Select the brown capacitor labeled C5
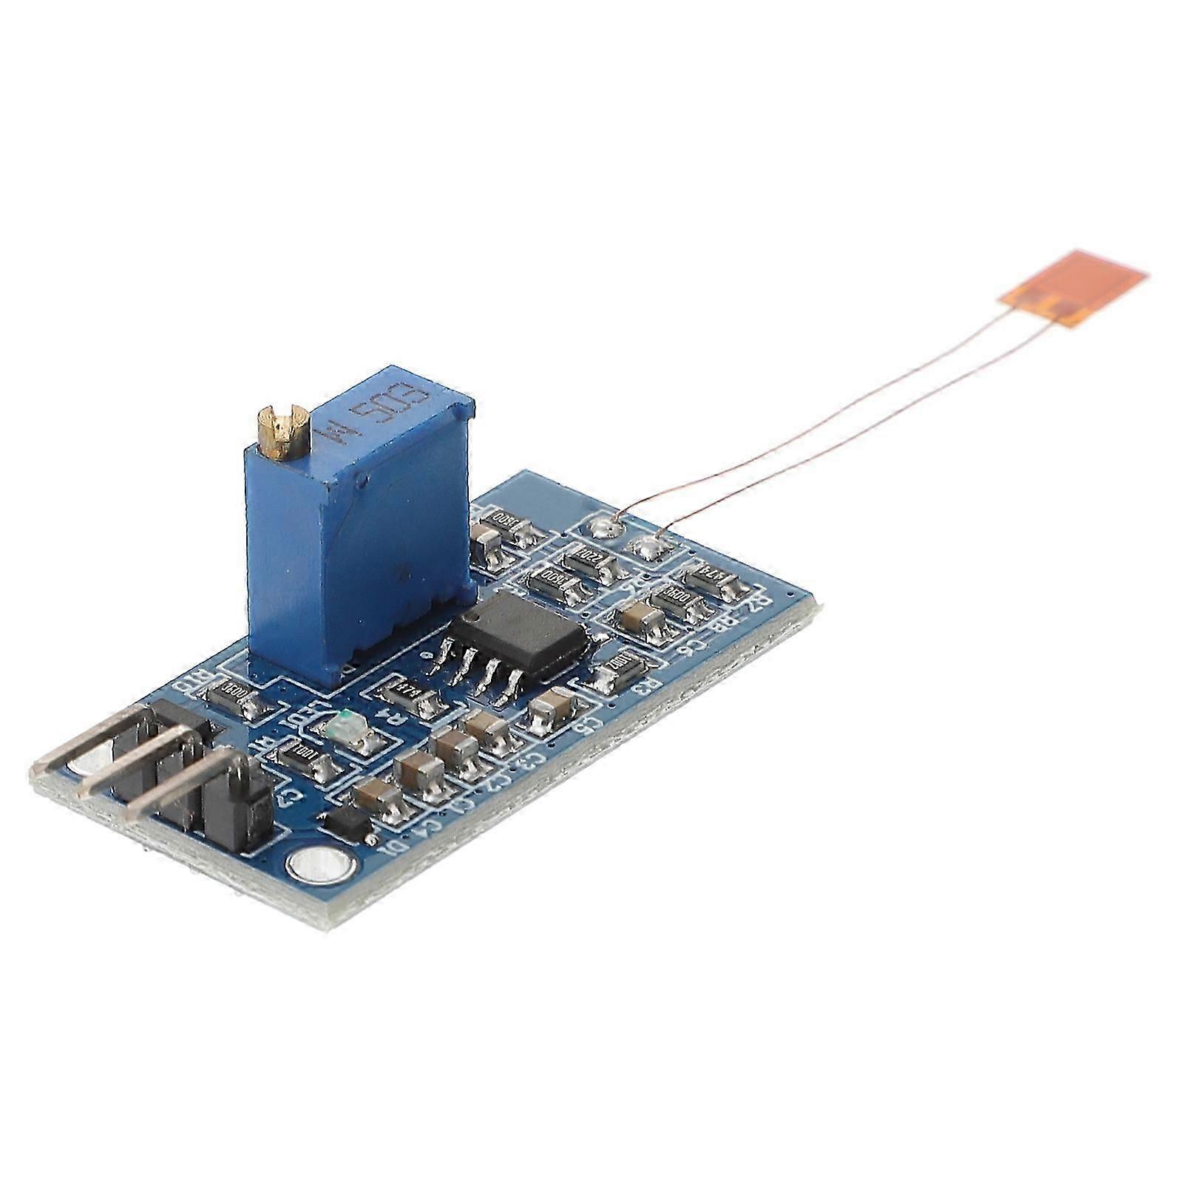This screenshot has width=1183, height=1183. click(550, 708)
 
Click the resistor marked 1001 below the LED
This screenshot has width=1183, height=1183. click(302, 759)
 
